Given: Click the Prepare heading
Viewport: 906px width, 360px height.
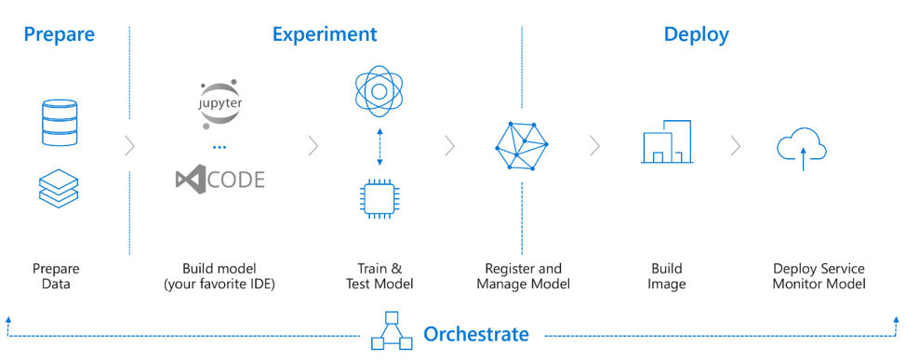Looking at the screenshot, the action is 59,34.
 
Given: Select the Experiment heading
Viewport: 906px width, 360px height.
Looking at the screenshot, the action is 325,34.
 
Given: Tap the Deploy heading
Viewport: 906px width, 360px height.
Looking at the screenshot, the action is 697,34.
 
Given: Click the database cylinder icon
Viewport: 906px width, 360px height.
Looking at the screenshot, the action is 60,122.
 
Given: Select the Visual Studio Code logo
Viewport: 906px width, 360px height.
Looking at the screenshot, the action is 220,180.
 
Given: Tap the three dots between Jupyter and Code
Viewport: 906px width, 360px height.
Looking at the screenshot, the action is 220,148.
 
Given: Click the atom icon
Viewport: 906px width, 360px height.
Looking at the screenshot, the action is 379,91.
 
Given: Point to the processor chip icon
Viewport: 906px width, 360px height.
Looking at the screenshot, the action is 379,199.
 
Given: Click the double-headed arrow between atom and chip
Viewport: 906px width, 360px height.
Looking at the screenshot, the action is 379,147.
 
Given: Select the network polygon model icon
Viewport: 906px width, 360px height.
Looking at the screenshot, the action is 521,146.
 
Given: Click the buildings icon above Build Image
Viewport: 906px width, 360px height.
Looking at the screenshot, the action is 666,141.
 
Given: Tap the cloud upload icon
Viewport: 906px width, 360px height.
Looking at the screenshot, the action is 802,149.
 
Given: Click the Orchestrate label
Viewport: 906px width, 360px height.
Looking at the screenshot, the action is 476,334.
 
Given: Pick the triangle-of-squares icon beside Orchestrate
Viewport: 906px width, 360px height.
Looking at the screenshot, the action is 392,331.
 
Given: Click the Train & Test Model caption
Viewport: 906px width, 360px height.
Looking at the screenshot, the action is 380,276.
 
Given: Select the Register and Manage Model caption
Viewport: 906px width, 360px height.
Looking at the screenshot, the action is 523,276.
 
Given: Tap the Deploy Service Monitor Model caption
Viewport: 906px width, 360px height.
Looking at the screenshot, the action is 819,276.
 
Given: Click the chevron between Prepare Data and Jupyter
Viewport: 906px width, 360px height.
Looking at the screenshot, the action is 130,147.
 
